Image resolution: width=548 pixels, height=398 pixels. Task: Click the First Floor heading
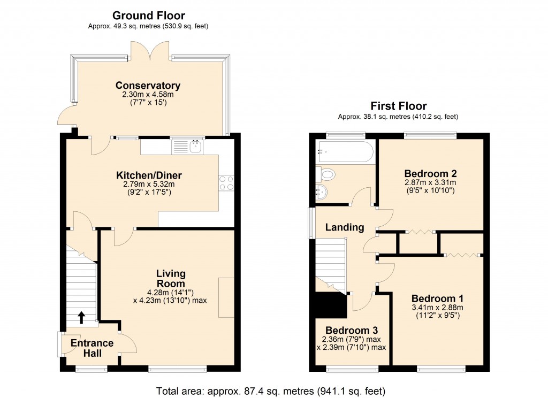tap(398, 106)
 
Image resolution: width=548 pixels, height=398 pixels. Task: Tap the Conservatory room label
tap(148, 86)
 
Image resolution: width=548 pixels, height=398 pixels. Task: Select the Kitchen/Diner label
tap(149, 175)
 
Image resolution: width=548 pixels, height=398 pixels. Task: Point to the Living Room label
tap(171, 279)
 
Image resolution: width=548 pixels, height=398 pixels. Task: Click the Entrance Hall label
tap(92, 348)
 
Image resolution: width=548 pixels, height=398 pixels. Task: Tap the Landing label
tap(345, 227)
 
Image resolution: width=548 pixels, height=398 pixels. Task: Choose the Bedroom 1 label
tap(437, 298)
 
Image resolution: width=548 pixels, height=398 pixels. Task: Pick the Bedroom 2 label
tap(430, 173)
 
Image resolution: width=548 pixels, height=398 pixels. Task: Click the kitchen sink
tap(188, 146)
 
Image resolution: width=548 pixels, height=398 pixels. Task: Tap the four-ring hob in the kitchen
tap(225, 183)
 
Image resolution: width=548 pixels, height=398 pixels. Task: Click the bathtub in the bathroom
tap(344, 152)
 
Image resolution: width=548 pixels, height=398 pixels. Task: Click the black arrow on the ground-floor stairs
tap(81, 318)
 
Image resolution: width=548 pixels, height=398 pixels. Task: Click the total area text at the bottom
tap(270, 391)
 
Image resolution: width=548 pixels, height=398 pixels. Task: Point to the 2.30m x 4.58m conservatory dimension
tap(148, 95)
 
